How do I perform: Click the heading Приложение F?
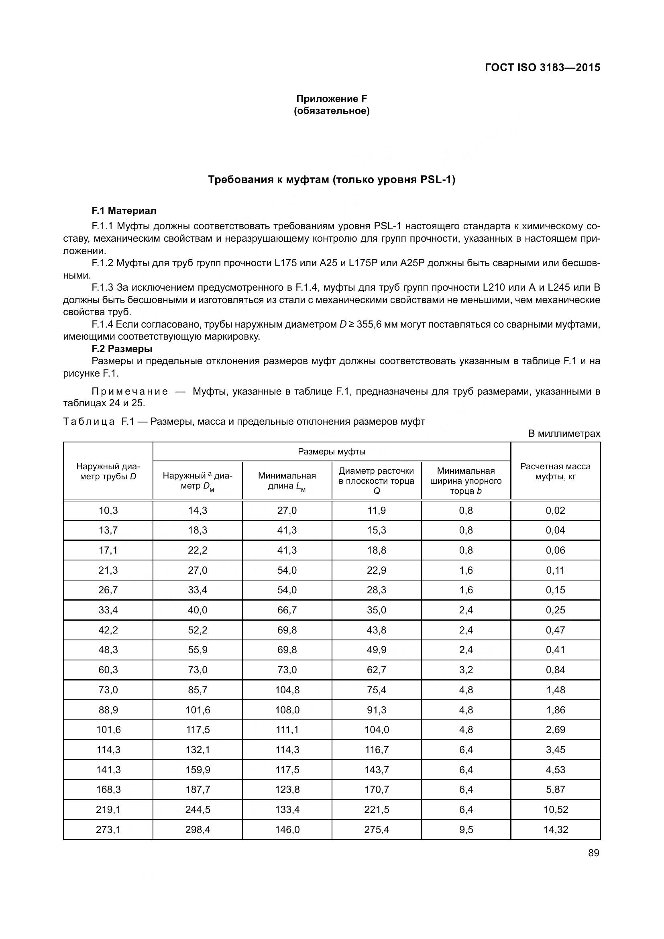coord(332,99)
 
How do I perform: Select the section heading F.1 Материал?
coord(124,211)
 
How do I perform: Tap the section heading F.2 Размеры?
coord(122,349)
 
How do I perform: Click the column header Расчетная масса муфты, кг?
coord(555,471)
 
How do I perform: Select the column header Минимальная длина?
coord(287,481)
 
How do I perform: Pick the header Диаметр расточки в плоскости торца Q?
coord(376,481)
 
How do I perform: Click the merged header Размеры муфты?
coord(332,452)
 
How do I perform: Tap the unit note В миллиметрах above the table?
coord(564,434)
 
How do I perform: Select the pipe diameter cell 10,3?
coord(108,510)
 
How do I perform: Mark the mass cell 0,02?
coord(555,510)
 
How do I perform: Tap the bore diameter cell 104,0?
coord(377,729)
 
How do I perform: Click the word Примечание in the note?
coord(130,392)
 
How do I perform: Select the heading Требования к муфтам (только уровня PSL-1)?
coord(332,179)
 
